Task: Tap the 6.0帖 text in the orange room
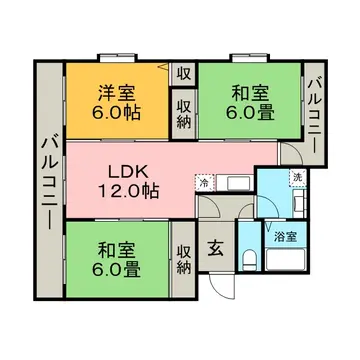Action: coord(117,111)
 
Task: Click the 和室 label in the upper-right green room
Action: coord(249,94)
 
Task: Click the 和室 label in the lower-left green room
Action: coord(117,250)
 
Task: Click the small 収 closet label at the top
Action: coord(184,73)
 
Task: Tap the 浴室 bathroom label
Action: coord(284,238)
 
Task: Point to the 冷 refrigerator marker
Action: coord(203,182)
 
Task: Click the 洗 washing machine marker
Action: coord(296,177)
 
